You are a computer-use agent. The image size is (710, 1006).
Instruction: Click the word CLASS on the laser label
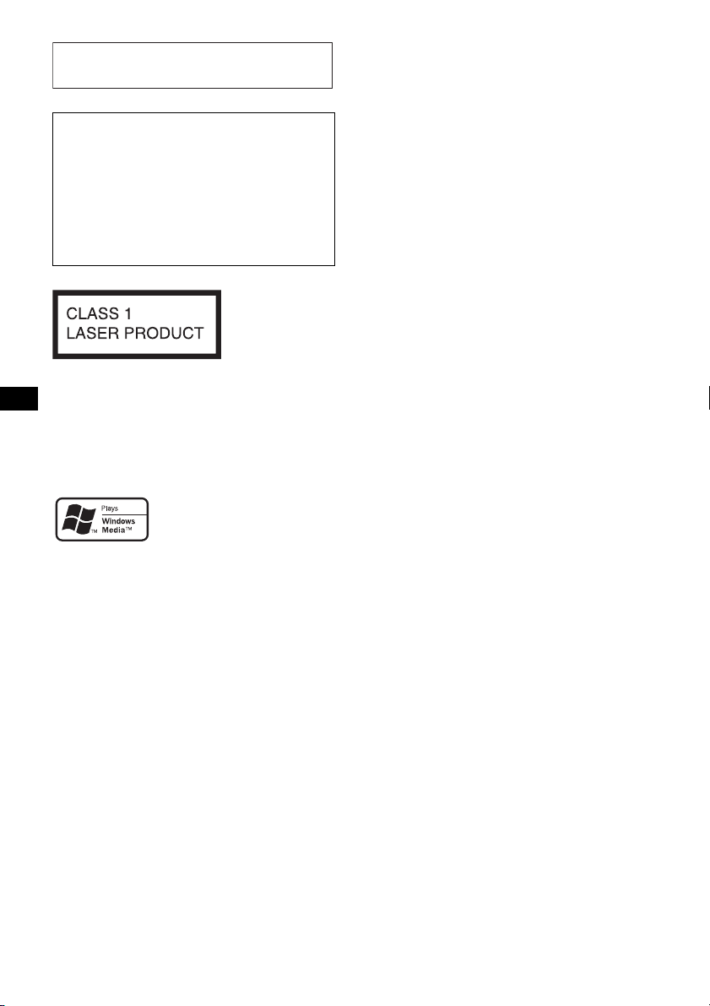(x=92, y=313)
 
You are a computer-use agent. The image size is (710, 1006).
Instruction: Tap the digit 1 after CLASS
(x=127, y=313)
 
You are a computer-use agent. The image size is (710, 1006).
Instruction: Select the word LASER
(x=92, y=334)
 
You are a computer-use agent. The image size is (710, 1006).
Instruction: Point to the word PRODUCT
(x=164, y=334)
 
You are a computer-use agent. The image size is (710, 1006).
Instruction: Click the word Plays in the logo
(x=110, y=508)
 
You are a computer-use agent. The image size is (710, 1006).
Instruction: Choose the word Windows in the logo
(x=119, y=522)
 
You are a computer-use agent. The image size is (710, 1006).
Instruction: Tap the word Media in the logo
(x=113, y=530)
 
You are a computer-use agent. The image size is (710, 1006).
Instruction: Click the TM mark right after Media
(x=128, y=529)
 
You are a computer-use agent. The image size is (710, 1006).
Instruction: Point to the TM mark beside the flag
(x=94, y=532)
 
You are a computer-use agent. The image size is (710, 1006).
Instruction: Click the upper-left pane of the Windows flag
(x=73, y=511)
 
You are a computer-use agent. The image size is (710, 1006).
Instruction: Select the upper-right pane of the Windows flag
(x=88, y=513)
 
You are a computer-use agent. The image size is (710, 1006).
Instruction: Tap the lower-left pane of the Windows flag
(x=69, y=526)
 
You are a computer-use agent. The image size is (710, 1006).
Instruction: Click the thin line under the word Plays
(x=124, y=514)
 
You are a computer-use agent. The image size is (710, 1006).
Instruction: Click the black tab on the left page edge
(x=19, y=399)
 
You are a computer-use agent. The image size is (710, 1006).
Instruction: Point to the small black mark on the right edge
(x=708, y=398)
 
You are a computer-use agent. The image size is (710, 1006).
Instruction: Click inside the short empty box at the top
(x=192, y=65)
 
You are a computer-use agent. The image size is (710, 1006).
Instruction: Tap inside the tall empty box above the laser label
(x=193, y=189)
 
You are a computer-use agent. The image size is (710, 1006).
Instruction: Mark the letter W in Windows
(x=106, y=522)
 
